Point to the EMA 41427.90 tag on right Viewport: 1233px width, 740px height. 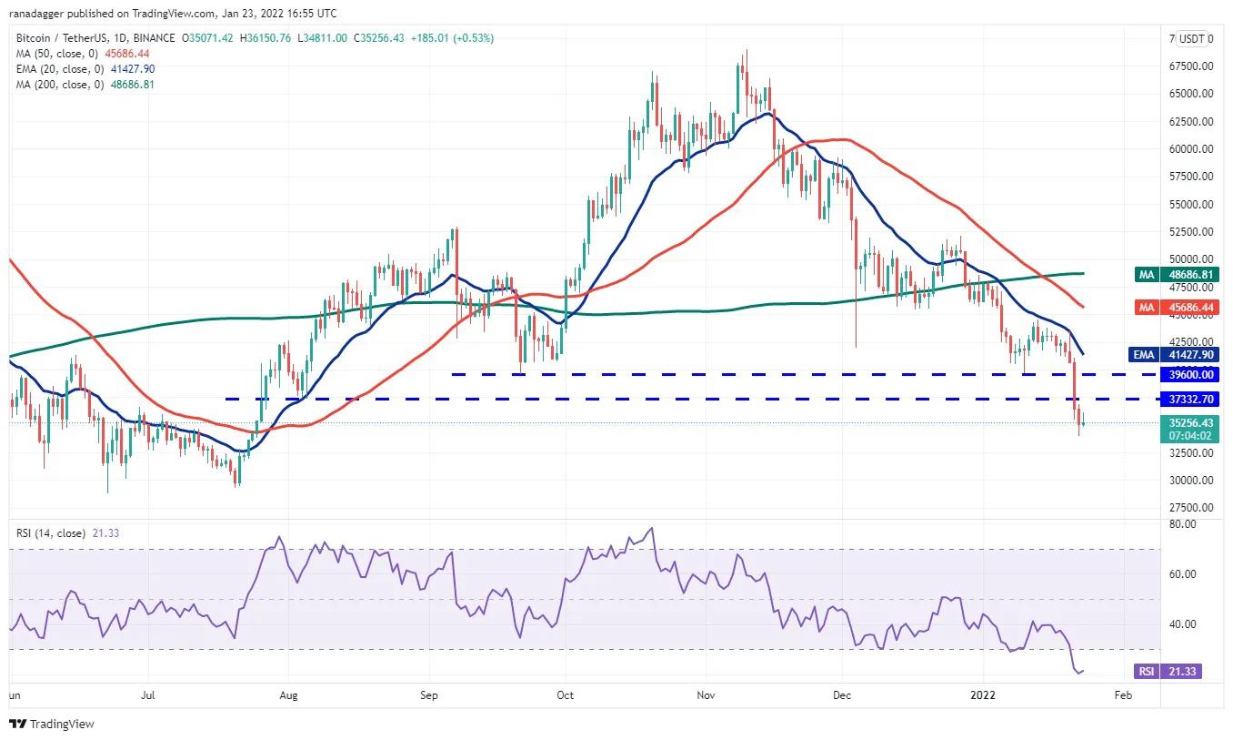coord(1178,355)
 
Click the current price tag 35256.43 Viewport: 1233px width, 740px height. coord(1189,429)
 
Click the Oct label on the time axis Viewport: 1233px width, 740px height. coord(566,695)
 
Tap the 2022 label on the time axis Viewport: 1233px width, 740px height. coord(984,695)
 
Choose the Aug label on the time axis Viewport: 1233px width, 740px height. coord(287,695)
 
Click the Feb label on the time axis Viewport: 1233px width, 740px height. coord(1123,695)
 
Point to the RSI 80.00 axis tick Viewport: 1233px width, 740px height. coord(1182,525)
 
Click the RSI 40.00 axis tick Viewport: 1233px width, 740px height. coord(1182,624)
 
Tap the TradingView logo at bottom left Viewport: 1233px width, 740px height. coord(52,725)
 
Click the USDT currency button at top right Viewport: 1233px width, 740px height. coord(1191,39)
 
